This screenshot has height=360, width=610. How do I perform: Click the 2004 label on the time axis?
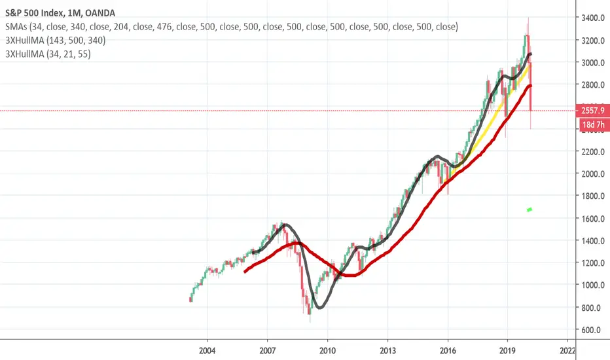[207, 350]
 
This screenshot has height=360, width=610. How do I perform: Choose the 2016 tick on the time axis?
[448, 350]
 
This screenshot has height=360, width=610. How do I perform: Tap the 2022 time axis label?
[568, 350]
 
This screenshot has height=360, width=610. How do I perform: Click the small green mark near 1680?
[529, 210]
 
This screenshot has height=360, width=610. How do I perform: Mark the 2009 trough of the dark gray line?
[319, 307]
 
